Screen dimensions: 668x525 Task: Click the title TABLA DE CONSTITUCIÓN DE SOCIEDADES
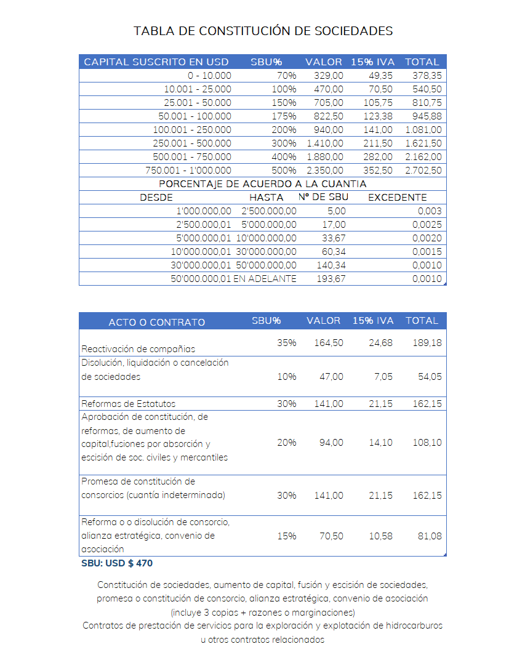(x=263, y=31)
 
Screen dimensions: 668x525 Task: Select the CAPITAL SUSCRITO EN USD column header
(x=156, y=62)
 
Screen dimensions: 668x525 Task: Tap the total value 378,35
(x=427, y=76)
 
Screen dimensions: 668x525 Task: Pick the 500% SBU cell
(x=284, y=171)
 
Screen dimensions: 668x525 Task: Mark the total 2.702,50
(x=423, y=171)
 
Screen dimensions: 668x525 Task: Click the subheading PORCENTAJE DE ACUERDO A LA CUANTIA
(x=263, y=184)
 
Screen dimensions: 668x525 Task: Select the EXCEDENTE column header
(x=397, y=198)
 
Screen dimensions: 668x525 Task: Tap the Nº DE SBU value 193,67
(x=334, y=279)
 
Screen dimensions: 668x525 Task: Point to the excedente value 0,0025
(x=427, y=225)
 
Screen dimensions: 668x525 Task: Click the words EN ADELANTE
(x=265, y=279)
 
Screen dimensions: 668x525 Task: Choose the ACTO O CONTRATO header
(x=157, y=322)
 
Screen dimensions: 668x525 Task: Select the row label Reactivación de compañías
(x=138, y=349)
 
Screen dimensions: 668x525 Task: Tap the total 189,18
(x=427, y=343)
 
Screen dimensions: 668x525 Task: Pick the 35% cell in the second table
(x=286, y=343)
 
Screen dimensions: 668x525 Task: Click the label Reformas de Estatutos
(x=129, y=404)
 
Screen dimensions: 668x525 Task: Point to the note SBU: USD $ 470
(x=117, y=563)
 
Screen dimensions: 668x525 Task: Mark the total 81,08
(x=430, y=536)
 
